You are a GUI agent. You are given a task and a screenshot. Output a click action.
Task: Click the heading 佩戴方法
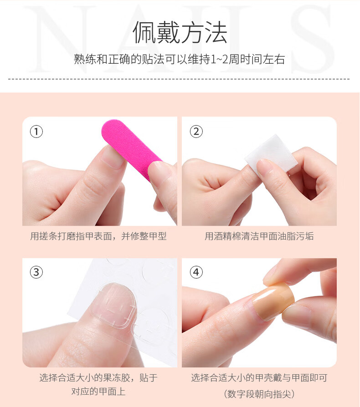(180, 32)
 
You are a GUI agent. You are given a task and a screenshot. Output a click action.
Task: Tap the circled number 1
(36, 131)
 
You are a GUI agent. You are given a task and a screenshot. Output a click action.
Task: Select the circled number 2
(196, 131)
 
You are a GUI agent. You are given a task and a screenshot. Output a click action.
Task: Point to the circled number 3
(36, 273)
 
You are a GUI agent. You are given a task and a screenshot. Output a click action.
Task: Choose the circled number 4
(196, 273)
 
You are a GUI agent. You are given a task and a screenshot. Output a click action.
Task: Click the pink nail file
(130, 145)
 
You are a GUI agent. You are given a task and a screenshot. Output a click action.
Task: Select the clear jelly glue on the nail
(113, 304)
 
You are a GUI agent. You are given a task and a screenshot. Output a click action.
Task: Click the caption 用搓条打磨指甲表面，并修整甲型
(98, 236)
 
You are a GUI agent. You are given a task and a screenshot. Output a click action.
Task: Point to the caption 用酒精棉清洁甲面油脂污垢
(259, 236)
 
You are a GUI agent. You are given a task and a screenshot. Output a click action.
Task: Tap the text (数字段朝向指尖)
(259, 394)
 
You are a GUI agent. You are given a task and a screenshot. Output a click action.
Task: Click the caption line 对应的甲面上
(98, 391)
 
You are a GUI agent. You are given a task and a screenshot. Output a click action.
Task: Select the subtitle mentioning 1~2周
(180, 59)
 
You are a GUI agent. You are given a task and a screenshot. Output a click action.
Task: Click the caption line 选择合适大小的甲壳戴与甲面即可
(259, 378)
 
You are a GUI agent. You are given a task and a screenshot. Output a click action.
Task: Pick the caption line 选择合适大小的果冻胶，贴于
(98, 378)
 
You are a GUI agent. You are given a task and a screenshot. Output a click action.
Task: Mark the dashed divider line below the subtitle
(179, 79)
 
